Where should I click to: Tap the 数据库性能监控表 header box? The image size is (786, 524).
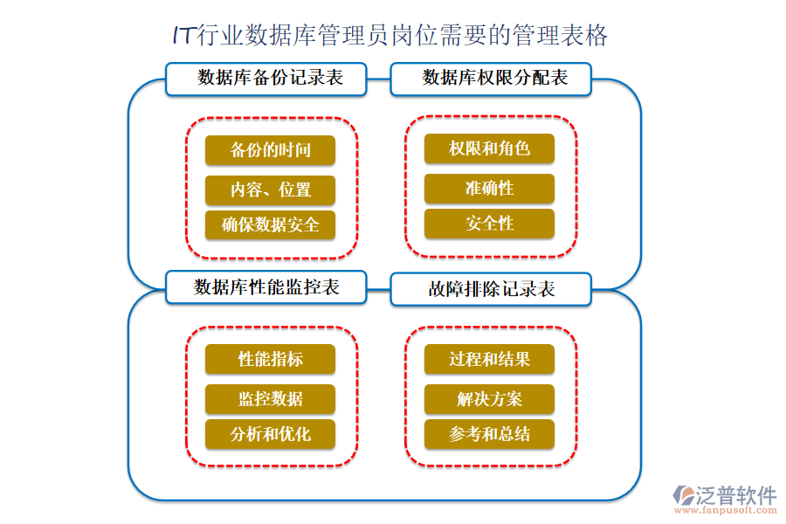tap(266, 287)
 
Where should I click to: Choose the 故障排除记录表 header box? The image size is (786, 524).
tap(492, 289)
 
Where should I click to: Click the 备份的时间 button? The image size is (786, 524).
tap(271, 150)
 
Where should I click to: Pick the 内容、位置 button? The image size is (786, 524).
tap(271, 190)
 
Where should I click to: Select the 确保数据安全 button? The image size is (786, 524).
tap(271, 225)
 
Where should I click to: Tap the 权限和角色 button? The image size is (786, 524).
tap(489, 148)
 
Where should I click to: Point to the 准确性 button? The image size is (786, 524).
tap(489, 188)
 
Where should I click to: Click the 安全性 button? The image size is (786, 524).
tap(489, 224)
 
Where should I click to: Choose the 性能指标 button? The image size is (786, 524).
tap(271, 359)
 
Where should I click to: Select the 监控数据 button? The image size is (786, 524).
tap(271, 399)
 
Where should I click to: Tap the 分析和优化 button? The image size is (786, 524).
tap(271, 434)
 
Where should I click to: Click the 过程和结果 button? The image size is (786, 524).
tap(489, 359)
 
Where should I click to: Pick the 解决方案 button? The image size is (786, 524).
tap(489, 399)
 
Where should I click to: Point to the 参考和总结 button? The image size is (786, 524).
tap(489, 434)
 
